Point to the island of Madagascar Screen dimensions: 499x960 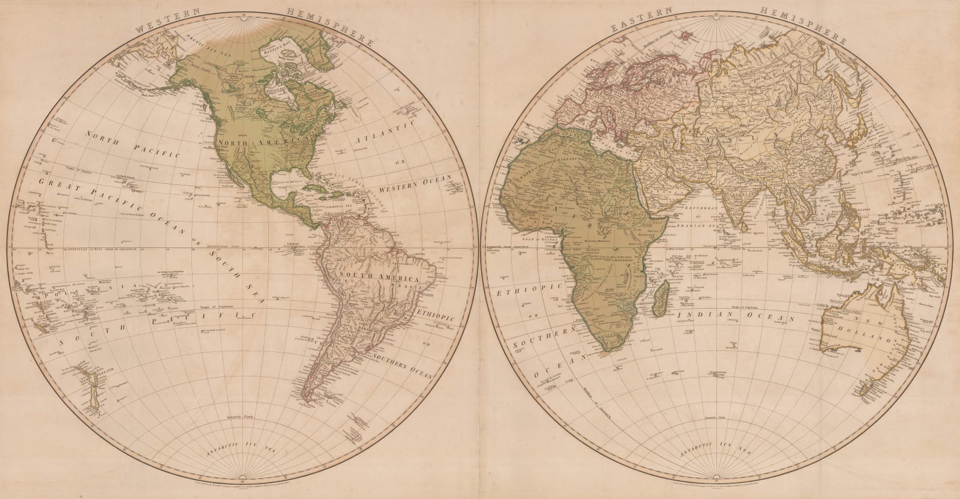(659, 300)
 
